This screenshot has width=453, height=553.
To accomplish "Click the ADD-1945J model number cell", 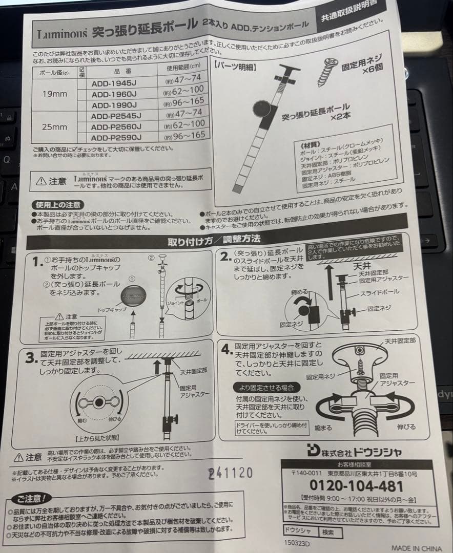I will coord(113,81).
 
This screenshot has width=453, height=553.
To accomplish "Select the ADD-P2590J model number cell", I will coord(116,138).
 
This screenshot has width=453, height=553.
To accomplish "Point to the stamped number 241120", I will coord(230,472).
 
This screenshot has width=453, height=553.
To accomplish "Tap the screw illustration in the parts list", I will coord(326,72).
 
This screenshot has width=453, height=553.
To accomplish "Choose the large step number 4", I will coord(226,350).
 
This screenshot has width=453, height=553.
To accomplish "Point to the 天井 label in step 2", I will coord(362,267).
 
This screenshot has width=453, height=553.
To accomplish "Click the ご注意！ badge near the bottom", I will coord(31,498).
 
